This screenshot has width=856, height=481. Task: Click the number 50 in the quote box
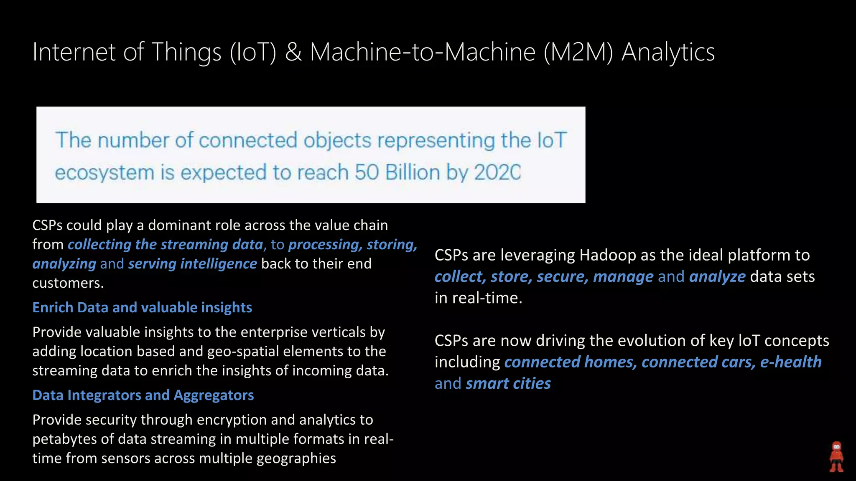pos(367,172)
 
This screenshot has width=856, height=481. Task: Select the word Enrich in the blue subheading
pos(53,308)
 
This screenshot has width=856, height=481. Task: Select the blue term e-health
pos(790,362)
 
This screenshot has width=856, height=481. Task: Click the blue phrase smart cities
pos(508,384)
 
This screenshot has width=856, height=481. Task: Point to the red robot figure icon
pos(836,457)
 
